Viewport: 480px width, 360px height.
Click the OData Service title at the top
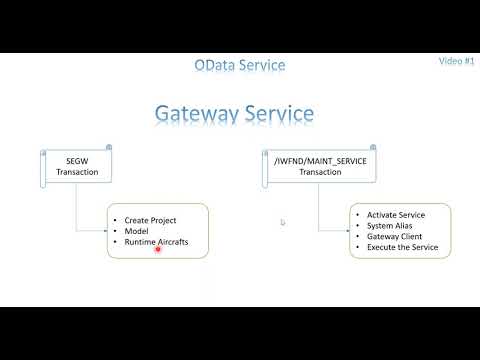click(x=240, y=65)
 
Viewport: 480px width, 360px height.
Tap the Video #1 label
click(x=456, y=60)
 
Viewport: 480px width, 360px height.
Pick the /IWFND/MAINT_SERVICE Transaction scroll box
click(x=321, y=165)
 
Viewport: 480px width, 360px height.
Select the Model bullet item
click(x=138, y=230)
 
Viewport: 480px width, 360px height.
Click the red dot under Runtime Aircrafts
click(x=159, y=251)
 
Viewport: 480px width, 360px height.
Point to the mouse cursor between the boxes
click(x=282, y=222)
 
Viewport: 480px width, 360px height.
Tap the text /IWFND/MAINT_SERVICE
click(x=321, y=160)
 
